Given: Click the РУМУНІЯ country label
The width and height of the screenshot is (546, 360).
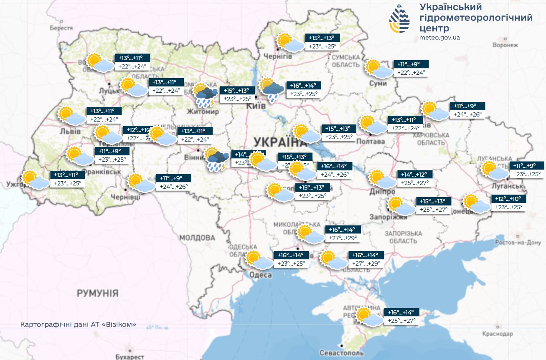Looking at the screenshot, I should pos(97,293).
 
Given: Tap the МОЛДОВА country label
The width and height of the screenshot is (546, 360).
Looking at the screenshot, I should pos(197,238).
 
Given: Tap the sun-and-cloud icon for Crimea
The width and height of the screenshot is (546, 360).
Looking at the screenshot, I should pos(369,317).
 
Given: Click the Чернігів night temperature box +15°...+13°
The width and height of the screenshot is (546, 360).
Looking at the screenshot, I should pos(322,38).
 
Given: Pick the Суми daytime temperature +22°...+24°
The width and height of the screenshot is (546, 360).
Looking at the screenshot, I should pos(411,73).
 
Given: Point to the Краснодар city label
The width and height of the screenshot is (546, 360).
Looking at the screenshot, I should pos(497,334).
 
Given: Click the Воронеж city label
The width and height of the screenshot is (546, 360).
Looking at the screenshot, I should pos(505,45).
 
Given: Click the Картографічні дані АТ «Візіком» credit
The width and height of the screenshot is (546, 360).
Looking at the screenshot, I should pos(78,325).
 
